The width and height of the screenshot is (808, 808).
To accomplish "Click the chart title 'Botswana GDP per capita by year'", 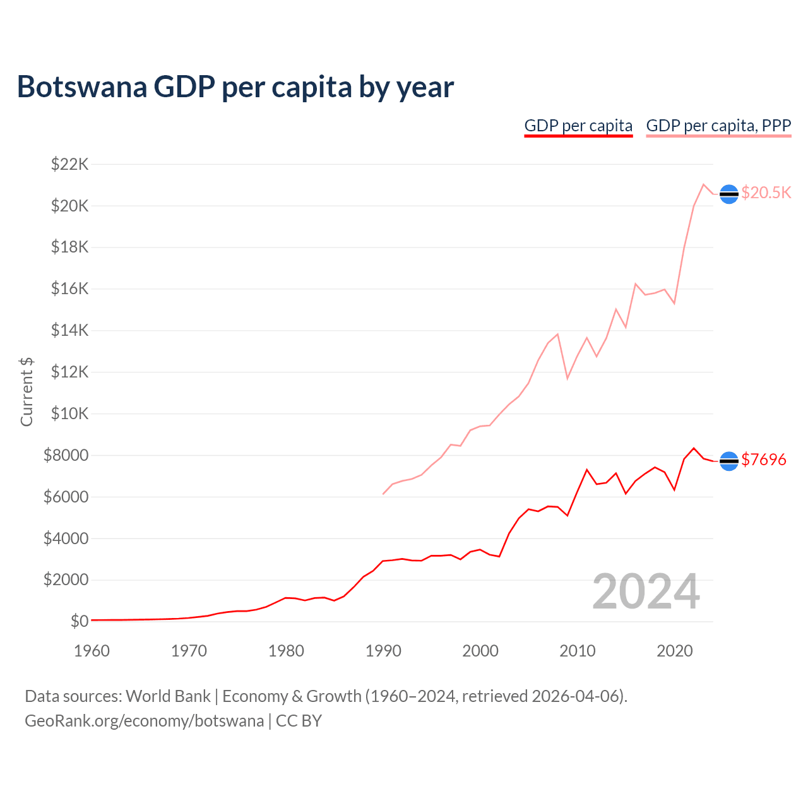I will (235, 87).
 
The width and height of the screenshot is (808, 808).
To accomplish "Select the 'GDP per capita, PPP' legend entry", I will (718, 126).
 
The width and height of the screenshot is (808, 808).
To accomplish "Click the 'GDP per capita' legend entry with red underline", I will (578, 126).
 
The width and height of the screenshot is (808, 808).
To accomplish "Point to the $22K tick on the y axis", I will (69, 165).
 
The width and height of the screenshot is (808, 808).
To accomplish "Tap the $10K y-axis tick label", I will (69, 414).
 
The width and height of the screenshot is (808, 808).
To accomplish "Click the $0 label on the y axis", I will (79, 622).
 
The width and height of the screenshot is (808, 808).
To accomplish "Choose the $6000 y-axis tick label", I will (66, 497).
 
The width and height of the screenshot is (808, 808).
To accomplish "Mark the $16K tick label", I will (69, 289).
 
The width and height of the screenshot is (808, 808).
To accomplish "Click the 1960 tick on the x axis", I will (92, 651).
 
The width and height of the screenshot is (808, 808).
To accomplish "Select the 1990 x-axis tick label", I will (383, 651).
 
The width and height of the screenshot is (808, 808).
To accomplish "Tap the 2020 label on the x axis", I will (675, 651).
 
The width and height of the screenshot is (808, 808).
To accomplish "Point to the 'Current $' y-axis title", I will (27, 392).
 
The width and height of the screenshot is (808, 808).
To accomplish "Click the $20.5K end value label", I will (766, 193).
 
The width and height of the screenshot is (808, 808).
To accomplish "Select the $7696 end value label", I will (764, 460).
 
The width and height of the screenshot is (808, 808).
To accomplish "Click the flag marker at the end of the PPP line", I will (729, 194).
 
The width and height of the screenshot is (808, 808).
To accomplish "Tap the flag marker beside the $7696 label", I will (729, 461).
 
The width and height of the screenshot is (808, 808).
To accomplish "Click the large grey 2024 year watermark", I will (646, 592).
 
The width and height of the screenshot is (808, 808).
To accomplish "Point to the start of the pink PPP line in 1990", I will (383, 494).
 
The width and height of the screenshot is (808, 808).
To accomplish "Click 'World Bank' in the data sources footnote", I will (168, 696).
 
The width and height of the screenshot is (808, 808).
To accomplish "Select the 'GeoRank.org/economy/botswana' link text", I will (144, 721).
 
